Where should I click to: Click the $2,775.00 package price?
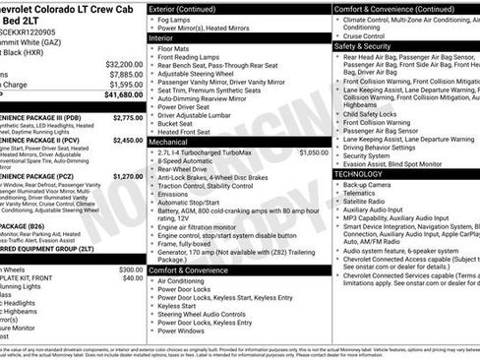(128, 117)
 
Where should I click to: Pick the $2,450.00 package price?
(128, 140)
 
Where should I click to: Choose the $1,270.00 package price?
(128, 176)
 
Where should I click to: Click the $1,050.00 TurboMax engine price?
(313, 152)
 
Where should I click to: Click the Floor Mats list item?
(173, 47)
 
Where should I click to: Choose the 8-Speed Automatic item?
(187, 160)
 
